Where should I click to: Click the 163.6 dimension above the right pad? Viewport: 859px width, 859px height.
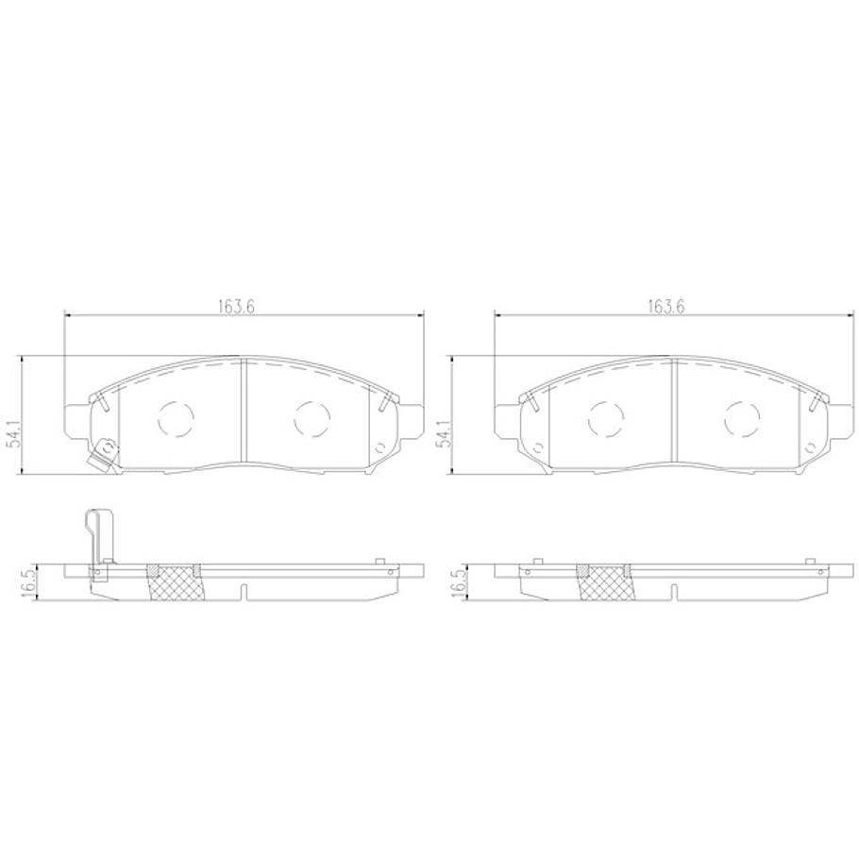(665, 306)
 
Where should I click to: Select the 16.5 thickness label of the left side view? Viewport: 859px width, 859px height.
(30, 581)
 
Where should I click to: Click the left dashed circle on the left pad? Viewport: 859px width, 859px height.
(175, 417)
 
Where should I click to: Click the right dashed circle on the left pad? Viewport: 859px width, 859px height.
(311, 417)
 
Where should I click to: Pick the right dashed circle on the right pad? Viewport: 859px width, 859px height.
(742, 417)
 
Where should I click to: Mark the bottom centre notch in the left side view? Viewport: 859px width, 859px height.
(244, 592)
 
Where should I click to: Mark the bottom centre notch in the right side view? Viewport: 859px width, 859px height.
(674, 592)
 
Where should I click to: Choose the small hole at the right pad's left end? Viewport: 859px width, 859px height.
(538, 448)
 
